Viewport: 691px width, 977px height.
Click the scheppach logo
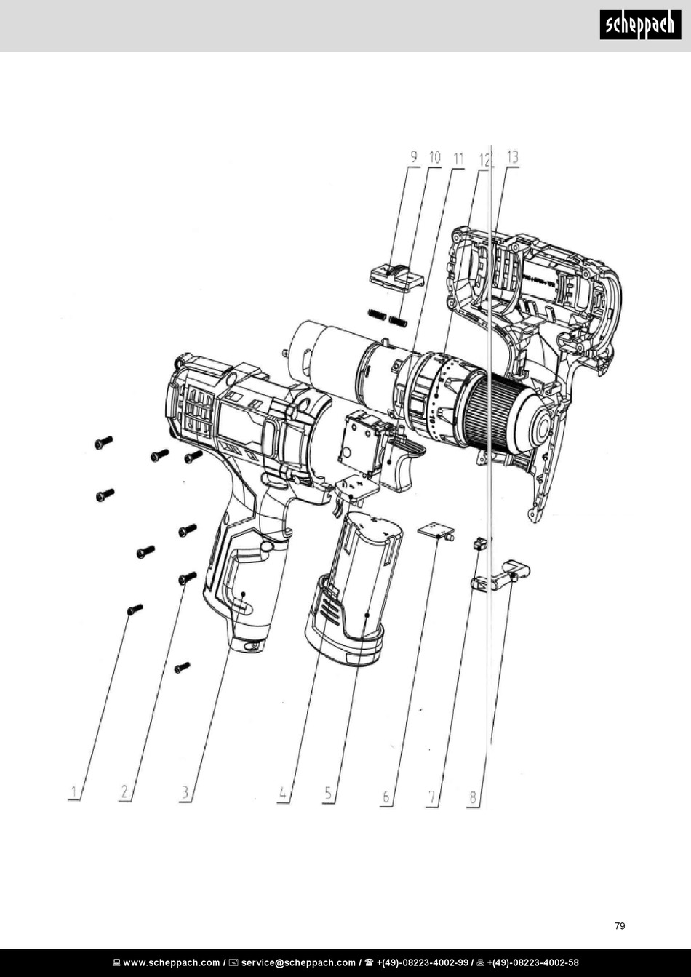pos(640,25)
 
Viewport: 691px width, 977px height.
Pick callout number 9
pos(414,157)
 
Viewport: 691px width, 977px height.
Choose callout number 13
pos(513,157)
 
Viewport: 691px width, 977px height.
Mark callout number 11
pos(458,159)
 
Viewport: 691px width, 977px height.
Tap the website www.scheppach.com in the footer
pos(172,962)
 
